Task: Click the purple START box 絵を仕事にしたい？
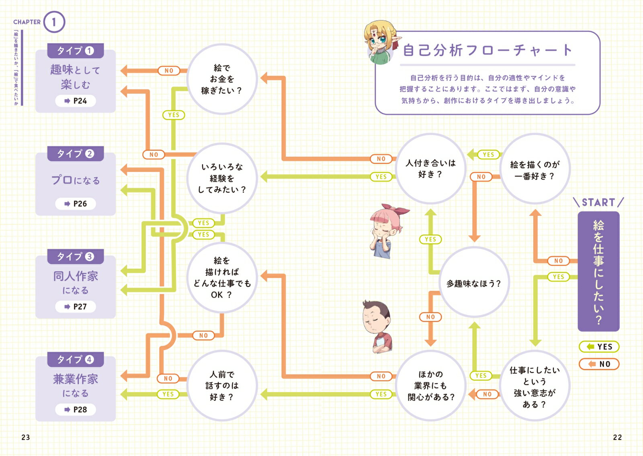(598, 272)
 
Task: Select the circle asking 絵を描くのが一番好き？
(534, 170)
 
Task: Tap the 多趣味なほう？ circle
(474, 283)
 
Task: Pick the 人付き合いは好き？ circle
(430, 169)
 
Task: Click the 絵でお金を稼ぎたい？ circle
(222, 79)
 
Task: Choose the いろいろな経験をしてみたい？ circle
(222, 178)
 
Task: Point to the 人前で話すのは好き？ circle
(222, 385)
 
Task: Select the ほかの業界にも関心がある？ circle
(430, 385)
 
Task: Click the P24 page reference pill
(76, 101)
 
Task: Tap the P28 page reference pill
(76, 409)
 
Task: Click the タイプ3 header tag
(76, 256)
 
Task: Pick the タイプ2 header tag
(76, 153)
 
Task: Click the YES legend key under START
(599, 346)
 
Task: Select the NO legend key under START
(599, 364)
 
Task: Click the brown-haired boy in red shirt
(378, 325)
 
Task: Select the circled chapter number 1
(54, 22)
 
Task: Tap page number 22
(617, 437)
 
